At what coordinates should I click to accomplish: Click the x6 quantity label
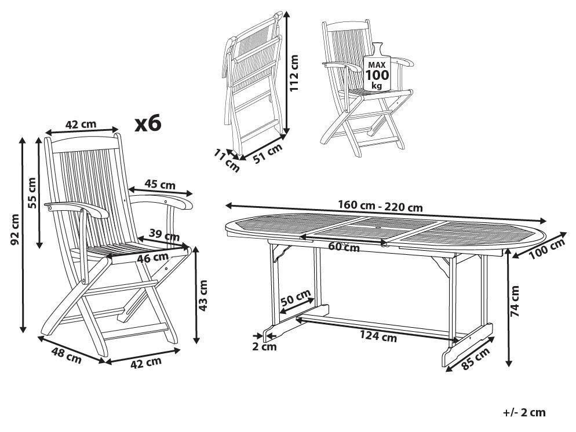pos(148,123)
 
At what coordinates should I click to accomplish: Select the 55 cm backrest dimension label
pos(32,193)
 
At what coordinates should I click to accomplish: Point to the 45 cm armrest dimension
pos(159,185)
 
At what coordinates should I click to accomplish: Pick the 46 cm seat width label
pos(152,257)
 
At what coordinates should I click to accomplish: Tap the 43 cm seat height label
pos(203,295)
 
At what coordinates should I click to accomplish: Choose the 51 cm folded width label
pos(268,155)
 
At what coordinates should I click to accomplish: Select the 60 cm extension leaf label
pos(344,247)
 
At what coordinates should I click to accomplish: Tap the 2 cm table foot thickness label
pos(264,346)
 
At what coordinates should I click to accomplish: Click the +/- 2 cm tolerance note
pos(524,412)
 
